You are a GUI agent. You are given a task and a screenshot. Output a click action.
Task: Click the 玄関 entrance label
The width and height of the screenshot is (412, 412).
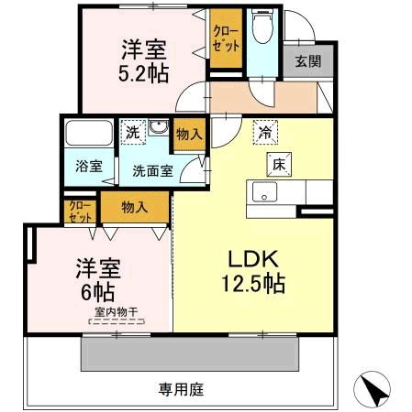pos(308,61)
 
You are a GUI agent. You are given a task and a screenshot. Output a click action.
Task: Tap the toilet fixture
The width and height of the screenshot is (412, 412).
pos(262,26)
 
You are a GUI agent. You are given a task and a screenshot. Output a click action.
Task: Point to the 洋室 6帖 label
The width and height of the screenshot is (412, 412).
pos(98,280)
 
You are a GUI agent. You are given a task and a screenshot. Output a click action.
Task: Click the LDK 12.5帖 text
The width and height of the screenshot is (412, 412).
pos(253,272)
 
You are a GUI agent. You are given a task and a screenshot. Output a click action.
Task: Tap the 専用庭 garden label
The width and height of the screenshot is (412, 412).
pos(181,389)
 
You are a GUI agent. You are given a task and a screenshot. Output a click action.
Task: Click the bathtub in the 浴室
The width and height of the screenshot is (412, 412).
pos(89,133)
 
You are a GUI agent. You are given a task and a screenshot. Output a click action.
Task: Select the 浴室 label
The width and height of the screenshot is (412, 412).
pos(89,167)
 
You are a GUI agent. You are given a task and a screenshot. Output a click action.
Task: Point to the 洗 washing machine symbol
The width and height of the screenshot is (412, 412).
pos(133,133)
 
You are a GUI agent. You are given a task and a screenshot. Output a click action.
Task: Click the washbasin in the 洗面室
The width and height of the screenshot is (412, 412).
pos(159,126)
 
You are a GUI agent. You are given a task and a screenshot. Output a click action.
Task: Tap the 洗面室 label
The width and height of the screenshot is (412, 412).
pos(153,171)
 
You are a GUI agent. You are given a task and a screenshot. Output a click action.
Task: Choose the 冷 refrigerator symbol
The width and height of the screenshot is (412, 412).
pos(265,132)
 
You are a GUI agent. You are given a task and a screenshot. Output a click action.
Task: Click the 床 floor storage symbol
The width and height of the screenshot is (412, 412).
pos(279,165)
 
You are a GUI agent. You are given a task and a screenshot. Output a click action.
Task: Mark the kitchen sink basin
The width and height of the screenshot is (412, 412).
pos(264,192)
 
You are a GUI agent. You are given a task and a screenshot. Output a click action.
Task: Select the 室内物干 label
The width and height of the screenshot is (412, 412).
pos(117,312)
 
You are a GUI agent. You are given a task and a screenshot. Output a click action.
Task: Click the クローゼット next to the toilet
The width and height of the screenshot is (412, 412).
pos(226,38)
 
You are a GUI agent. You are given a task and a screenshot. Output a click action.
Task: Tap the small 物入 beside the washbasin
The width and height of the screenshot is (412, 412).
pos(190,135)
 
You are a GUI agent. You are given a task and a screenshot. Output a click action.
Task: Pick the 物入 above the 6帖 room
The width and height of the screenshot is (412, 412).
pos(135,208)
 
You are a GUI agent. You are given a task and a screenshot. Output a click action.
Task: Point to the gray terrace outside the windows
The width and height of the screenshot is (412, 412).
pos(190,354)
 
